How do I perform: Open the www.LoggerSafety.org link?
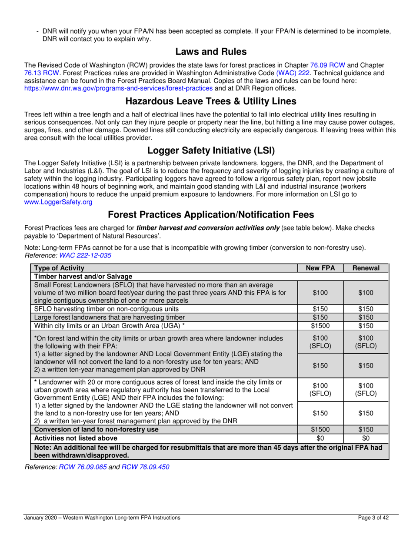[x=58, y=202]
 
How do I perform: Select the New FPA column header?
[x=320, y=268]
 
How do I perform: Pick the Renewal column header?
[x=366, y=268]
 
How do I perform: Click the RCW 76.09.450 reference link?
[x=145, y=467]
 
